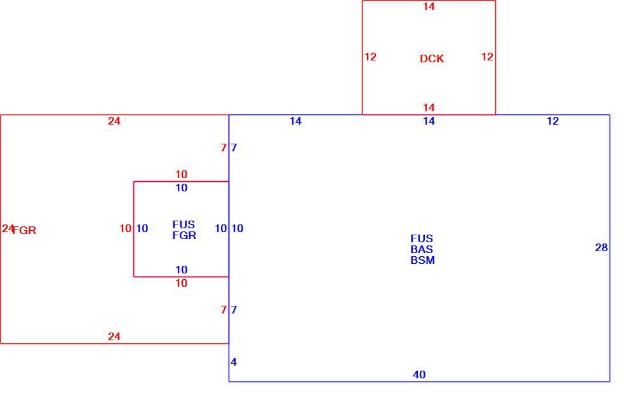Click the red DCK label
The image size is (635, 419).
(432, 59)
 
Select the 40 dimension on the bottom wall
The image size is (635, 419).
(419, 374)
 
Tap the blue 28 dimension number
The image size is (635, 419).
(601, 247)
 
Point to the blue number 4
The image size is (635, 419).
(234, 362)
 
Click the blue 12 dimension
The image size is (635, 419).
(553, 121)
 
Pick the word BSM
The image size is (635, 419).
(422, 261)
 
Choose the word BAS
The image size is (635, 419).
(422, 249)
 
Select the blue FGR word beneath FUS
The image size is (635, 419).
(184, 235)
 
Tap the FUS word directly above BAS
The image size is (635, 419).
(422, 238)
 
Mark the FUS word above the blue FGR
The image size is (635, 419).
(184, 224)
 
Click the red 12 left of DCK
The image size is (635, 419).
(371, 57)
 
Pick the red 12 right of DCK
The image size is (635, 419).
(487, 57)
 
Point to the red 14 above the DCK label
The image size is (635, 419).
(429, 6)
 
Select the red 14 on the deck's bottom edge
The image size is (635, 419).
(429, 107)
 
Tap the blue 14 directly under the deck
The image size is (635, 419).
(429, 121)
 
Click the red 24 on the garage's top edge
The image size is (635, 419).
(114, 121)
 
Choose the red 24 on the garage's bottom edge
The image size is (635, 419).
(114, 336)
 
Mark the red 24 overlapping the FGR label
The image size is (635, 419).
(8, 229)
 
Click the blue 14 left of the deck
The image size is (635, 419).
(296, 121)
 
